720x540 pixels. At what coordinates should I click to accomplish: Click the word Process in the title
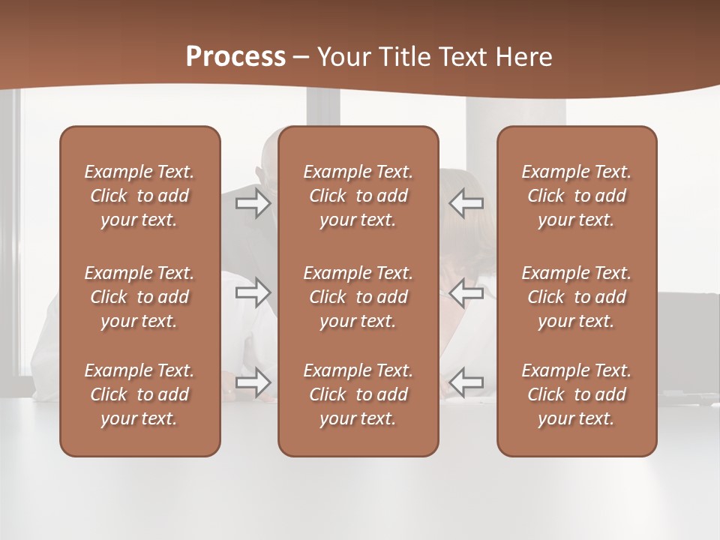(235, 57)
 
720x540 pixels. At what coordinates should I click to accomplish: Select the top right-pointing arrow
(253, 203)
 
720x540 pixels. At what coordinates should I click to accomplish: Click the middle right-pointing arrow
(253, 292)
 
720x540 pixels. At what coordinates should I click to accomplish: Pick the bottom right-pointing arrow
(253, 382)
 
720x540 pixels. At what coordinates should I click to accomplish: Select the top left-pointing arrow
(466, 203)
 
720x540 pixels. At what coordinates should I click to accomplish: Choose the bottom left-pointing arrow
(466, 382)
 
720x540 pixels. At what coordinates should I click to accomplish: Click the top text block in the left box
(139, 196)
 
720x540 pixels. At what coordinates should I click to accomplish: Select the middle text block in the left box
(139, 297)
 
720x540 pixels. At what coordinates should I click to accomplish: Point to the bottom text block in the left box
(139, 394)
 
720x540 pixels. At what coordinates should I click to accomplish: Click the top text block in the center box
(358, 196)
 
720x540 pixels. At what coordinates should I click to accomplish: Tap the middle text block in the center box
(358, 297)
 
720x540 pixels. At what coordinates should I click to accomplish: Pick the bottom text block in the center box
(358, 394)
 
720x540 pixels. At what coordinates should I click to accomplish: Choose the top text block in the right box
(577, 196)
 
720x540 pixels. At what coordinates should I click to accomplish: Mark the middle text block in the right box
(577, 297)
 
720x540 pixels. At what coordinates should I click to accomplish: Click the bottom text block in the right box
(577, 394)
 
